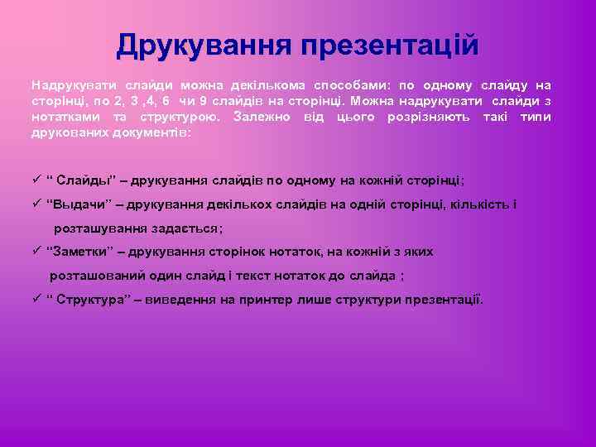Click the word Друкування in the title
(199, 46)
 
